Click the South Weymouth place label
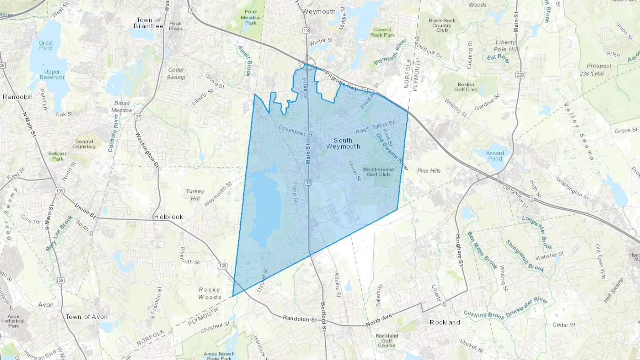343,144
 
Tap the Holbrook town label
169,217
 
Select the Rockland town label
444,322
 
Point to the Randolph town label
17,97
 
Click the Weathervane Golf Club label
378,172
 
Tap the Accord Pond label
495,156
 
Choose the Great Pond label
46,45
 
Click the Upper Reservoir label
52,75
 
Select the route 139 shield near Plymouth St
223,266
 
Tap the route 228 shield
520,75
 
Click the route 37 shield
138,117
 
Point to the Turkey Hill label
195,195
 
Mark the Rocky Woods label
209,294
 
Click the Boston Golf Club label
466,87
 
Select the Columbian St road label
295,131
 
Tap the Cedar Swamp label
176,74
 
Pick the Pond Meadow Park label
251,17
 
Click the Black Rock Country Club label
442,25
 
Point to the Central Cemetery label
84,144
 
